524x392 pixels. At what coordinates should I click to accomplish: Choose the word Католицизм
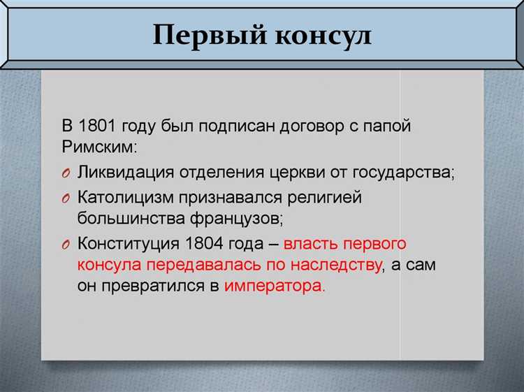tap(124, 197)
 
